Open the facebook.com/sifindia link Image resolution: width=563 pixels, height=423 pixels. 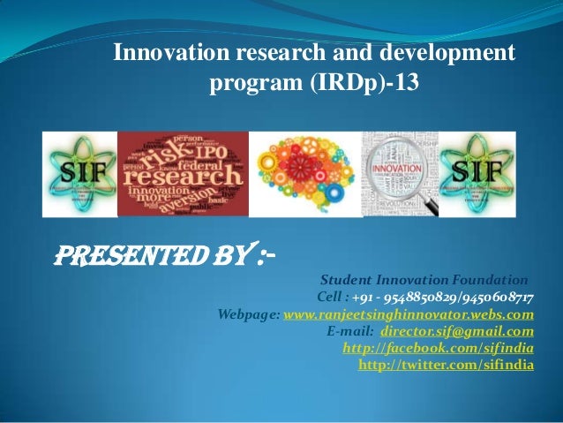tap(438, 347)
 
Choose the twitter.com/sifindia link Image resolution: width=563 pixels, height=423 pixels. tap(446, 364)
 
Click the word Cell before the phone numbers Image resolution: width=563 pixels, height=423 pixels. tap(318, 298)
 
